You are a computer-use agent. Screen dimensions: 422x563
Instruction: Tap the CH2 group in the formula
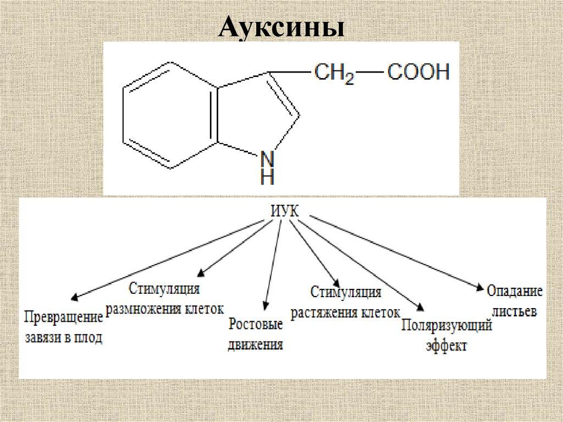(333, 73)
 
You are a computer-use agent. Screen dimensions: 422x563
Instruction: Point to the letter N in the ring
(267, 158)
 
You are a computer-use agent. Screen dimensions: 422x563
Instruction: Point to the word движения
(256, 346)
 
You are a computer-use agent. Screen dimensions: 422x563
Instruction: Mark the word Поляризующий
(446, 326)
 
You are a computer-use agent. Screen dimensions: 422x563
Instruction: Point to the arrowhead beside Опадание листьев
(479, 286)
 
